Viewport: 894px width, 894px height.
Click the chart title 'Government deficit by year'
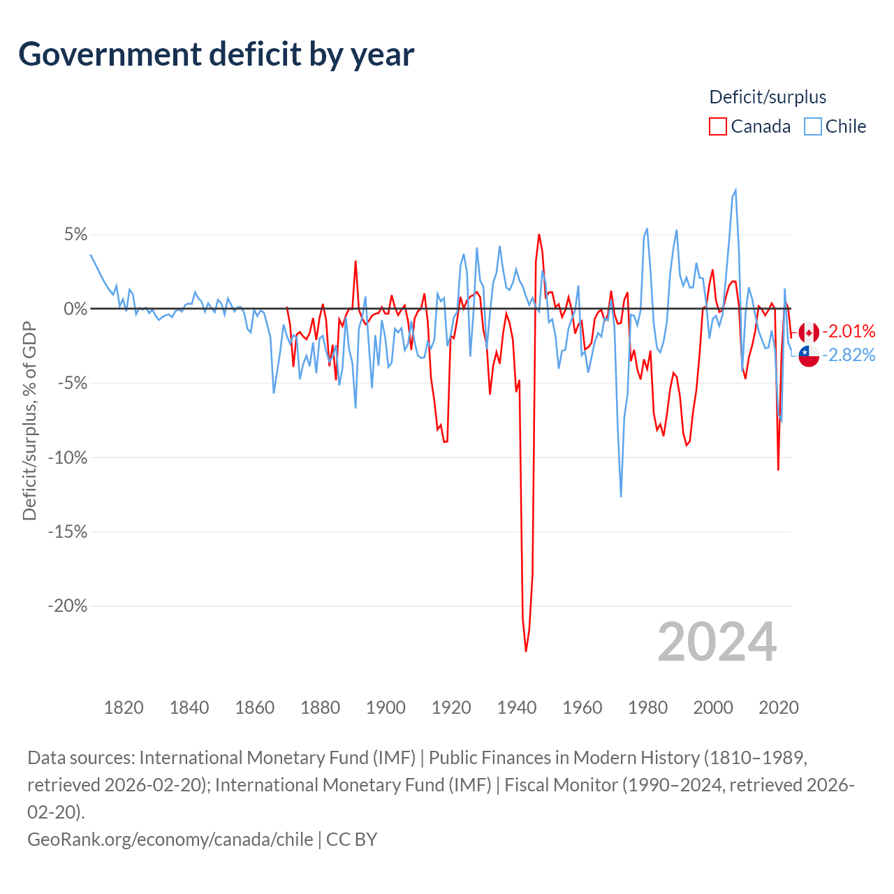(x=216, y=54)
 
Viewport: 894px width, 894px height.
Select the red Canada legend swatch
(x=718, y=126)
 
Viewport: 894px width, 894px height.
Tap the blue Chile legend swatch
(x=812, y=126)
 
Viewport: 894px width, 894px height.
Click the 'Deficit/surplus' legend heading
(x=768, y=97)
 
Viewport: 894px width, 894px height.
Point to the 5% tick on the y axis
(x=75, y=234)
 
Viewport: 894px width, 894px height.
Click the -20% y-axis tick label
(x=68, y=606)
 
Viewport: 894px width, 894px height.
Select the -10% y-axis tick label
(x=68, y=457)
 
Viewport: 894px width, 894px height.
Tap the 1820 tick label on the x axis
(x=124, y=708)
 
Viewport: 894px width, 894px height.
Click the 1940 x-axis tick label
(x=517, y=708)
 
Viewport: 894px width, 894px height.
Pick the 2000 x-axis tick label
(x=713, y=708)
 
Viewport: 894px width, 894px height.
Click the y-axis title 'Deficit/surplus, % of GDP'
(x=29, y=420)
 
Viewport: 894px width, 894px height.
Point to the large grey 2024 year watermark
(x=717, y=642)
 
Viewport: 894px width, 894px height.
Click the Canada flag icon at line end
(x=809, y=332)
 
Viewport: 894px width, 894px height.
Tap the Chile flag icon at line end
(x=809, y=356)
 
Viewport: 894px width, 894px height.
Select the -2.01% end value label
(x=849, y=331)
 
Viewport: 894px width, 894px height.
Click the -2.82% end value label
(x=849, y=355)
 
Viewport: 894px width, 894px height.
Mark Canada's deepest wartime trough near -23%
(x=526, y=651)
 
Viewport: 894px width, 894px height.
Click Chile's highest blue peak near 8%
(x=735, y=190)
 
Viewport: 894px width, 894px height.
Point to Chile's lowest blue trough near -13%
(x=621, y=497)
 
